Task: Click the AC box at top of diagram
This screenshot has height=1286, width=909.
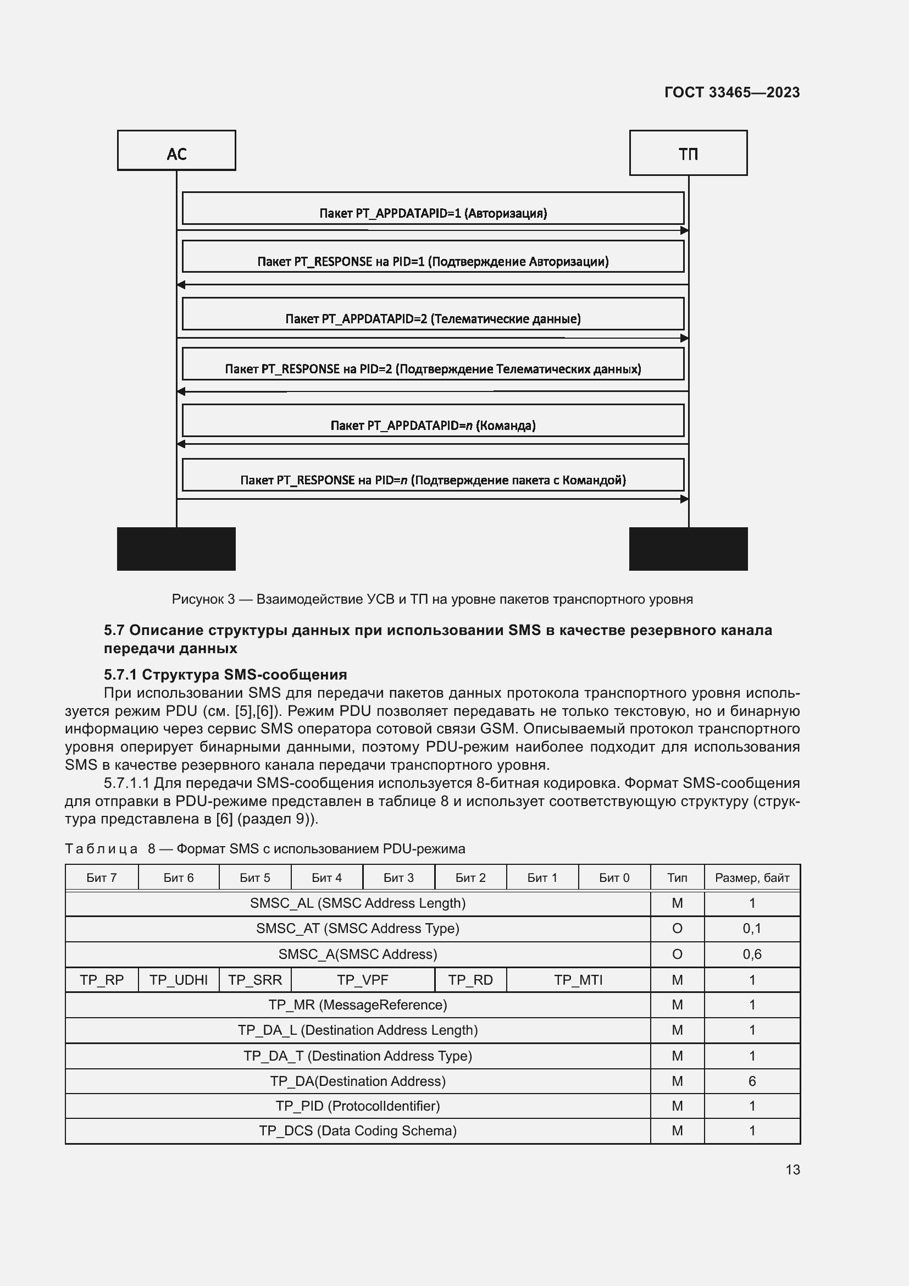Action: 176,150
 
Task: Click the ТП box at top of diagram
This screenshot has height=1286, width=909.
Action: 688,153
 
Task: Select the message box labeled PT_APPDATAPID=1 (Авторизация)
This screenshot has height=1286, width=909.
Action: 433,208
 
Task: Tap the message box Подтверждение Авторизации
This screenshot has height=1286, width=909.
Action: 433,257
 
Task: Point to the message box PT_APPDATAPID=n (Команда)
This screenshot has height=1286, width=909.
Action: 433,421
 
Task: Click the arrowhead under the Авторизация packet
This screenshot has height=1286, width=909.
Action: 684,230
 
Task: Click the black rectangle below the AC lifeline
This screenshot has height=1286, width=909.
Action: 176,548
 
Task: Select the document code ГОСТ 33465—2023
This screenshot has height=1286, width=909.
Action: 731,92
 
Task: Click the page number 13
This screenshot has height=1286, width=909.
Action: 792,1169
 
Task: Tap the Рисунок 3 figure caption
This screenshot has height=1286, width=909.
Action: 432,599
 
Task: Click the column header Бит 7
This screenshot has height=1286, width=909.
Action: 101,877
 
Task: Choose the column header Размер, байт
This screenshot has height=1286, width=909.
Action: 752,877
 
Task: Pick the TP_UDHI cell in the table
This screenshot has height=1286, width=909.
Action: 179,980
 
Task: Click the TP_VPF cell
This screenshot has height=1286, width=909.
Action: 362,980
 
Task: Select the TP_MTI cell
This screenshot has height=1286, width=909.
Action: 578,980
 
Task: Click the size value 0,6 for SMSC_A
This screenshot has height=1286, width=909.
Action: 752,954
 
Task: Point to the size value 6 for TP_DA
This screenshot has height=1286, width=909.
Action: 752,1081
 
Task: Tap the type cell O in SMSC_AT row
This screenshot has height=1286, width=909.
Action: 677,928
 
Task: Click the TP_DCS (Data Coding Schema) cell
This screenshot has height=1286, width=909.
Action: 358,1131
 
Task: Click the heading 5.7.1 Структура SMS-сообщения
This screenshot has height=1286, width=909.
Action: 225,675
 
